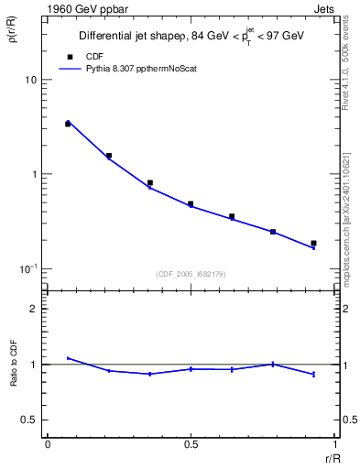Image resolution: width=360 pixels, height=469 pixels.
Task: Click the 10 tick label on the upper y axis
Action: pyautogui.click(x=32, y=81)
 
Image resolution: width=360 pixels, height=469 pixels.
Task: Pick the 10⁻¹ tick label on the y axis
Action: pyautogui.click(x=29, y=268)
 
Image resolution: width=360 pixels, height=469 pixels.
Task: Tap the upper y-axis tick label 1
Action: pyautogui.click(x=35, y=174)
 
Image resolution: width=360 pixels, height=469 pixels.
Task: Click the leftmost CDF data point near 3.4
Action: pyautogui.click(x=68, y=123)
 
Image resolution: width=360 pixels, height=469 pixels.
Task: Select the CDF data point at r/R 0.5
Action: pyautogui.click(x=191, y=204)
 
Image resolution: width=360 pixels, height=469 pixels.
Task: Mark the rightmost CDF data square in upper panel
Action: pyautogui.click(x=313, y=244)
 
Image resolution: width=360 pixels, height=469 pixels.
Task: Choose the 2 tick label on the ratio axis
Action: pyautogui.click(x=35, y=310)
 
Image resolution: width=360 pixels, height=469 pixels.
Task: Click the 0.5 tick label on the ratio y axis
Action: pyautogui.click(x=30, y=420)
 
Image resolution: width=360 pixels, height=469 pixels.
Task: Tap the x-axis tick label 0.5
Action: pyautogui.click(x=191, y=443)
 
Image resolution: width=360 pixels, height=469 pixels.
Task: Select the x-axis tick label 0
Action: pyautogui.click(x=48, y=443)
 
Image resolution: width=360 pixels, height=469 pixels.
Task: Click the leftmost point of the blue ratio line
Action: pyautogui.click(x=68, y=358)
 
